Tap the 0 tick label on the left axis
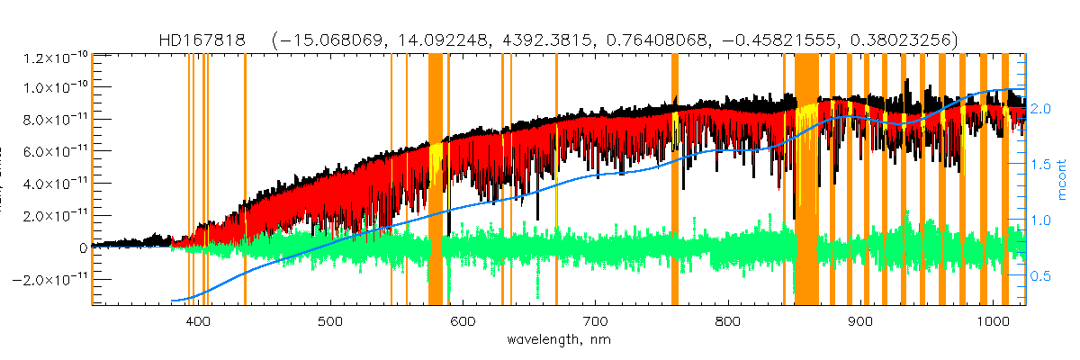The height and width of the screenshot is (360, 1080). point(83,247)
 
